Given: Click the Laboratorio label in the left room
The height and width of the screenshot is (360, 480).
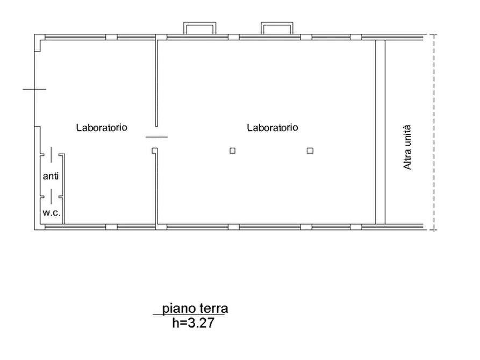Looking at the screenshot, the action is tap(102, 127).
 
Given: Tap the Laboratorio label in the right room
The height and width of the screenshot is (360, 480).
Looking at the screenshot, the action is tap(273, 127).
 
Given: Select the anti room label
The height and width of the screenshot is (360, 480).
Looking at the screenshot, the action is tap(51, 176).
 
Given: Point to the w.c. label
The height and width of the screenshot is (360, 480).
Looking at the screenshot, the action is tap(52, 213).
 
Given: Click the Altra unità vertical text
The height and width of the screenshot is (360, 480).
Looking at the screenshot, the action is tap(407, 147).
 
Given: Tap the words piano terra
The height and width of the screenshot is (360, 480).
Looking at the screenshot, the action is tap(195, 308).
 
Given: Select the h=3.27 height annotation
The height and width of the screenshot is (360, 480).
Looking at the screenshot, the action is tap(194, 322).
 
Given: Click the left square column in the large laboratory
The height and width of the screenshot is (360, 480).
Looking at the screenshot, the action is tap(233, 150).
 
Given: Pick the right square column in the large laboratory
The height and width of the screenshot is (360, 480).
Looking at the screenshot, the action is tap(310, 150).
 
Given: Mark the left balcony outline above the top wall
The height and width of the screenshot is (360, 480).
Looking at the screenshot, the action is tap(199, 23).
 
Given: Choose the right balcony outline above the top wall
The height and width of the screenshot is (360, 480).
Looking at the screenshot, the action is tap(277, 23).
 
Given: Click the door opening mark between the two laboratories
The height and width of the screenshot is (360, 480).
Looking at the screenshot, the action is tap(156, 137).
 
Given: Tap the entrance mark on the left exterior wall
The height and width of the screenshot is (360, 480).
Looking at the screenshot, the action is tap(34, 89).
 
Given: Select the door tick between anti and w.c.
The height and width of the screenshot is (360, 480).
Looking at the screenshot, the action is tap(51, 197).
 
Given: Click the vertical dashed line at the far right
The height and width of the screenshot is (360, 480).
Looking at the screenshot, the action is tap(434, 132).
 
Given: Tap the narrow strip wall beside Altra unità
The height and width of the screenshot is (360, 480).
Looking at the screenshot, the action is tap(380, 132).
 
